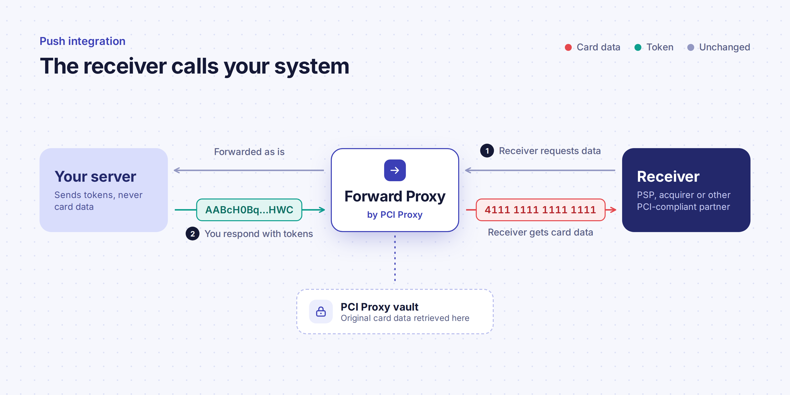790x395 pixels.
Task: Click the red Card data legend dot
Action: (x=568, y=47)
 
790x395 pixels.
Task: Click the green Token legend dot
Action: (x=638, y=47)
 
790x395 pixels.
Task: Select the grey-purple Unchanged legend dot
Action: (x=691, y=47)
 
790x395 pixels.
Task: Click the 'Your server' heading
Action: (x=95, y=177)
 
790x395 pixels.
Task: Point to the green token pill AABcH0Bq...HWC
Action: (x=249, y=210)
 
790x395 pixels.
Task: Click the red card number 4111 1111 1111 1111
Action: (x=540, y=210)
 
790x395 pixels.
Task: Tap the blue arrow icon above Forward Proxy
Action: (x=395, y=170)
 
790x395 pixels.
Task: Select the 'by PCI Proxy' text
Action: (x=395, y=215)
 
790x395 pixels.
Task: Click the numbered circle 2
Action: (x=192, y=234)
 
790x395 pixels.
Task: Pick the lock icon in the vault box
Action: (x=321, y=312)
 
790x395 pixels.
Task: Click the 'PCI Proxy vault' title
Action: (x=379, y=307)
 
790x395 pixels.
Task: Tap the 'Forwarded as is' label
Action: (x=249, y=152)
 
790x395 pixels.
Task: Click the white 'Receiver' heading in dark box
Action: (x=668, y=177)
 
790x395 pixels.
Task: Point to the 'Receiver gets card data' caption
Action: (x=540, y=233)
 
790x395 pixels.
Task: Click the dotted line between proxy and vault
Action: (x=395, y=258)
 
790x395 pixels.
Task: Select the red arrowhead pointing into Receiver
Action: (x=612, y=210)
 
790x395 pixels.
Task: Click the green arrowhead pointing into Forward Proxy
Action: (x=321, y=210)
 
